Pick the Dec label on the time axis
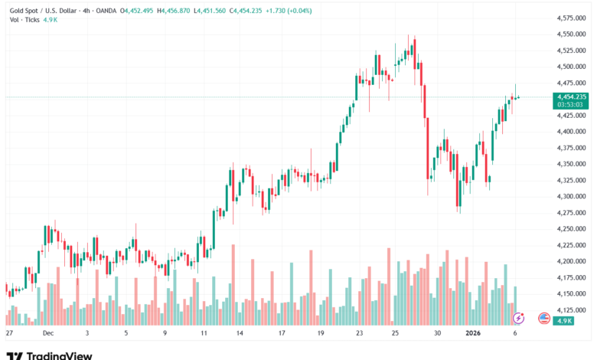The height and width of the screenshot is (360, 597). click(x=47, y=334)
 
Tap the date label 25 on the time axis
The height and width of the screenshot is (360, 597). click(x=395, y=334)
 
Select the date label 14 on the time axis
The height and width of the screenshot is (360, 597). click(x=240, y=334)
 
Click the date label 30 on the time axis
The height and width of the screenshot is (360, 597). click(x=437, y=334)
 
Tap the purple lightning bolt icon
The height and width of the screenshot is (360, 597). click(x=519, y=317)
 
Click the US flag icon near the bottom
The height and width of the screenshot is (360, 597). click(x=544, y=317)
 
